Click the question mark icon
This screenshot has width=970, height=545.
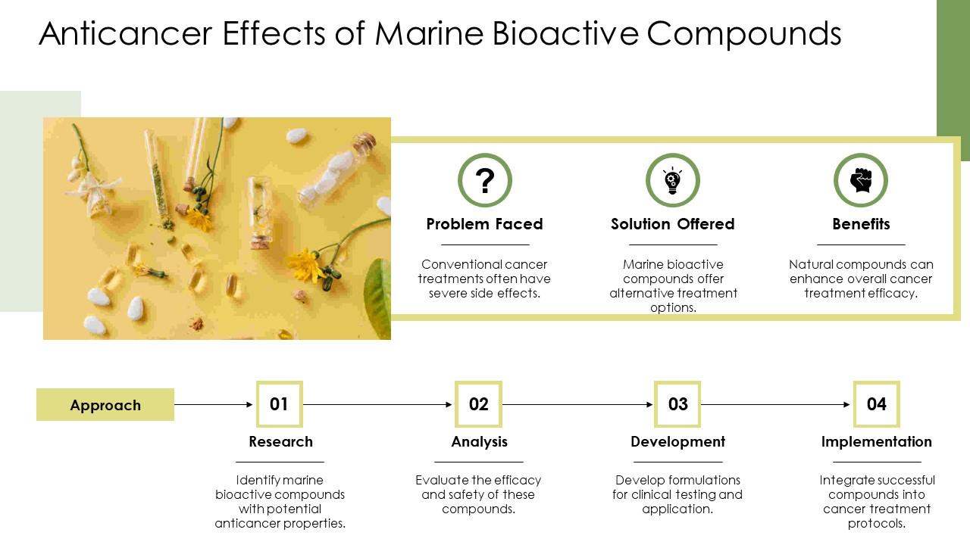(x=485, y=180)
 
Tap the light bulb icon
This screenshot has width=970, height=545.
(x=672, y=180)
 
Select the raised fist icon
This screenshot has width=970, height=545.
(x=861, y=180)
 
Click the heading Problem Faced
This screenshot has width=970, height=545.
(x=484, y=224)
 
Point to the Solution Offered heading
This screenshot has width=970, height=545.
(x=672, y=224)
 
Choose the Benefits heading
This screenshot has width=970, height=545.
(x=861, y=224)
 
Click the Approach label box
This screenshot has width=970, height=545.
(x=105, y=405)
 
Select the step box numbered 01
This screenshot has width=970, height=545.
(x=279, y=404)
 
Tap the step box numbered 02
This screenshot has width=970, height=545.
(x=478, y=404)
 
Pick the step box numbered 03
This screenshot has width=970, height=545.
(x=677, y=404)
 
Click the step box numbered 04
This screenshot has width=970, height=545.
(x=876, y=404)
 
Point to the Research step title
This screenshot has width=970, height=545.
(x=280, y=441)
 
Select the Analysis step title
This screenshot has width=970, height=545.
(x=479, y=441)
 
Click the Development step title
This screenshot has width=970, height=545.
(x=677, y=441)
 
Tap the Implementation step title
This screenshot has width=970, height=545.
(x=876, y=441)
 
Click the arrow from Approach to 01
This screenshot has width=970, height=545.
(x=214, y=405)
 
